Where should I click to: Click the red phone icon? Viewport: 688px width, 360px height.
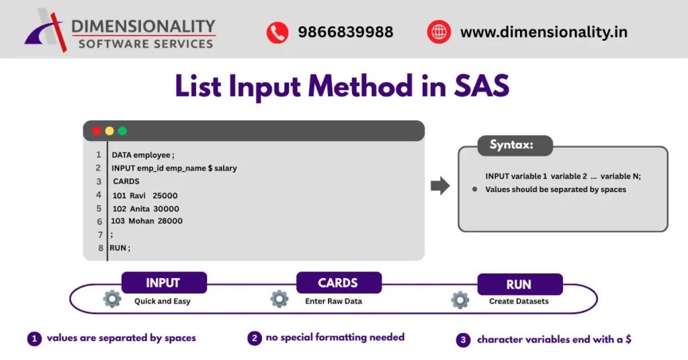277,32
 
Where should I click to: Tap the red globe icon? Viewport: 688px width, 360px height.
438,32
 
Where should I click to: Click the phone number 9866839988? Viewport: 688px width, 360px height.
345,32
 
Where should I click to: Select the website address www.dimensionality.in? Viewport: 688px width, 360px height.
544,32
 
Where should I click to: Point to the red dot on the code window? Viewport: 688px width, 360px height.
97,131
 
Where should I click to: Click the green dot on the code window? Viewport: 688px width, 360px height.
122,131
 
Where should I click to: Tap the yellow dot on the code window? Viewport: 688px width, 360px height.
110,131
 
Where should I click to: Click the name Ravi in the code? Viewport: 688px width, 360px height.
138,195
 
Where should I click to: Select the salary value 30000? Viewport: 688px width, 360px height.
166,209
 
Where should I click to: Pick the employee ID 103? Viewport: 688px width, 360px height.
118,221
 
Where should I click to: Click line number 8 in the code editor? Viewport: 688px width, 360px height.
101,248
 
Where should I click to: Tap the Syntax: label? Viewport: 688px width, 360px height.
511,145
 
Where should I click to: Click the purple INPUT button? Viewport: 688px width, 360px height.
163,283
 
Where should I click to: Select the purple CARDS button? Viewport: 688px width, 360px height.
338,283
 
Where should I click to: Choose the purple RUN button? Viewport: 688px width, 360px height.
519,284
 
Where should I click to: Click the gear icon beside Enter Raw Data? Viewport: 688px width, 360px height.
279,300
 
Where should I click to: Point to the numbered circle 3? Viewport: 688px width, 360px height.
463,340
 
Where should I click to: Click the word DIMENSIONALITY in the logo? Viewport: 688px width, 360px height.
143,27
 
